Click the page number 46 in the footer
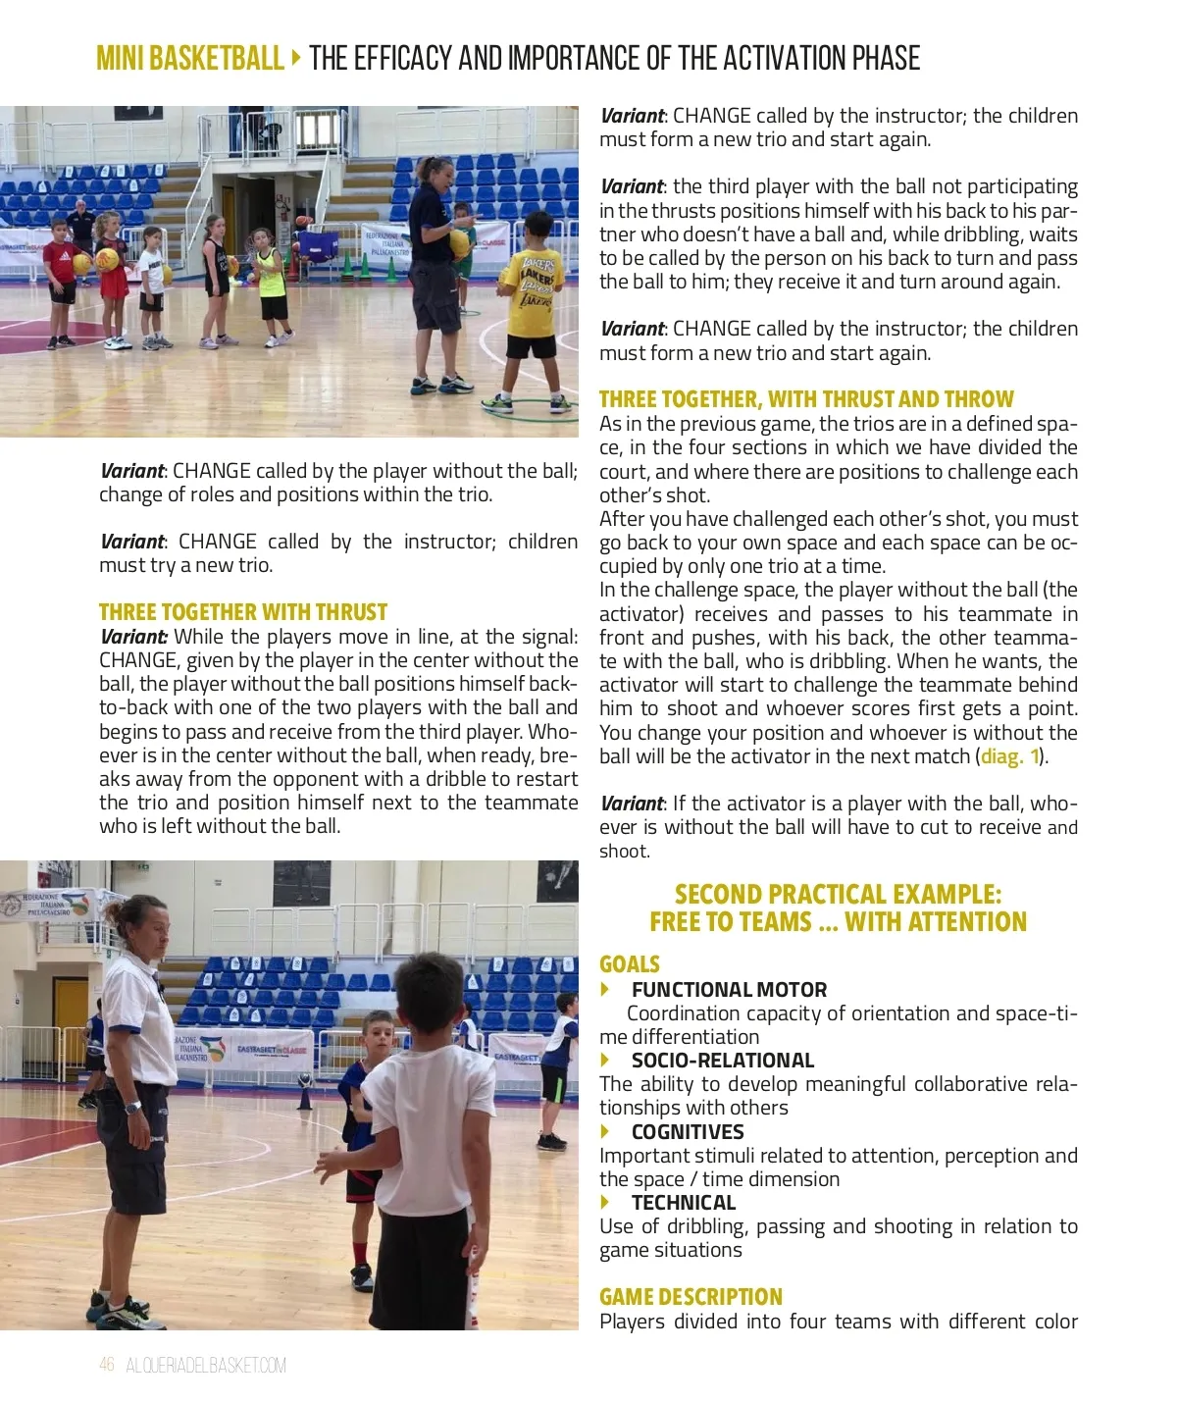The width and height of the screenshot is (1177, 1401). click(107, 1365)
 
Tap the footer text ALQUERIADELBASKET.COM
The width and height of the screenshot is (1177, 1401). click(206, 1365)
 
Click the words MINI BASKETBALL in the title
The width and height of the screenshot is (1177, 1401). click(189, 59)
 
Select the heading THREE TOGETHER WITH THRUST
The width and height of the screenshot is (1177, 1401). click(243, 612)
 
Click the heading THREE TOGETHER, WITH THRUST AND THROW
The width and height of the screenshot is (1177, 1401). click(806, 399)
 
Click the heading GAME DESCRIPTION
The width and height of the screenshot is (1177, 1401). click(691, 1297)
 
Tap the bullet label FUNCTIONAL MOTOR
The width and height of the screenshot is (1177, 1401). click(729, 990)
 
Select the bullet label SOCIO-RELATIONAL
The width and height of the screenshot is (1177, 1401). click(723, 1061)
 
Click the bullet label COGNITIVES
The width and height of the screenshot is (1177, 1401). click(688, 1131)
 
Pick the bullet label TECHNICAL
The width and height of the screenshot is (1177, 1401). click(684, 1203)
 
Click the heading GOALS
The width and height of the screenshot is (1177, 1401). click(630, 964)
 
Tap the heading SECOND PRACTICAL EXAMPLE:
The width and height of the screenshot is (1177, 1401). click(838, 894)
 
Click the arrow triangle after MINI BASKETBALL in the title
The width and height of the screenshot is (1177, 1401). click(296, 58)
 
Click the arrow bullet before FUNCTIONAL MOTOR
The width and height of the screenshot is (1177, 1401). click(606, 990)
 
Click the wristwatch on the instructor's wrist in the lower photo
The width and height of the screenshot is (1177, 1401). click(133, 1107)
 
